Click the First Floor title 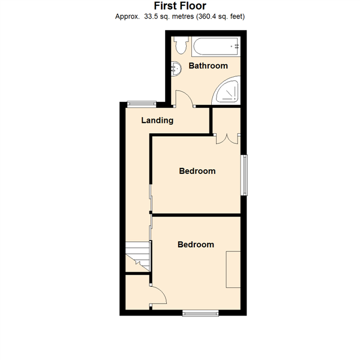(x=180, y=6)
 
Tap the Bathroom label (x=208, y=66)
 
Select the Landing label (x=157, y=120)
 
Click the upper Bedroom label (x=197, y=171)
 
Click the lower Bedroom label (x=196, y=244)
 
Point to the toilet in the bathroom (x=179, y=45)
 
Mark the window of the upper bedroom (x=244, y=175)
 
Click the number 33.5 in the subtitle (x=151, y=16)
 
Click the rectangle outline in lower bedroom (x=233, y=270)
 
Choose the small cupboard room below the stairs (x=137, y=292)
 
